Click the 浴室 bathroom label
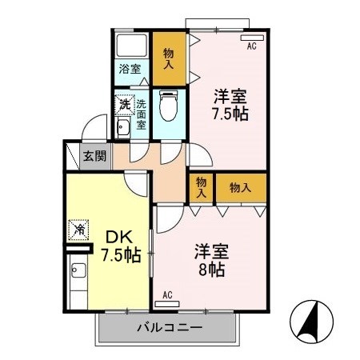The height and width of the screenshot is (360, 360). click(130, 69)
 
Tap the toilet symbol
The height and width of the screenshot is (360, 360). click(169, 103)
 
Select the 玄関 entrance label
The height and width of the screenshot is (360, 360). click(94, 155)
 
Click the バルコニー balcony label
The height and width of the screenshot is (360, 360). click(169, 326)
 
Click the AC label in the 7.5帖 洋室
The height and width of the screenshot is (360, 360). click(251, 46)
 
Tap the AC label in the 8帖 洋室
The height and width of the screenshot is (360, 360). click(168, 295)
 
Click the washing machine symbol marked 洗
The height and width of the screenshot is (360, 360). click(124, 104)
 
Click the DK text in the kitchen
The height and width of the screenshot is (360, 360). click(119, 238)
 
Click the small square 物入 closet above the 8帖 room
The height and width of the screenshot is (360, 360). click(201, 187)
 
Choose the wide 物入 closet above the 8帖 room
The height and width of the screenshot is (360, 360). click(240, 187)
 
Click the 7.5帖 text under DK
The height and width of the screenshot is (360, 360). click(121, 257)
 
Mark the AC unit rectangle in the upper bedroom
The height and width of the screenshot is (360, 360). click(250, 37)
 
